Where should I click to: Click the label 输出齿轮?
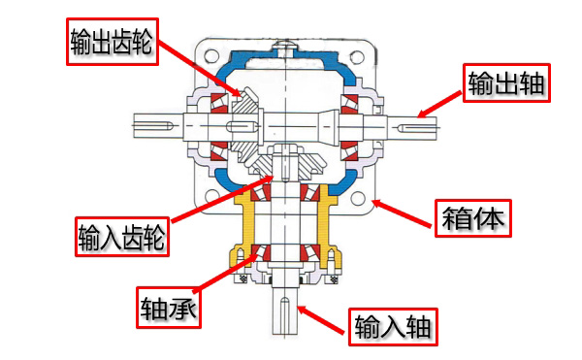click(x=113, y=40)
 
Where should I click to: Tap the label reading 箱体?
click(x=473, y=216)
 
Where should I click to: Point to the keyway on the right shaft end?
click(x=419, y=123)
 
